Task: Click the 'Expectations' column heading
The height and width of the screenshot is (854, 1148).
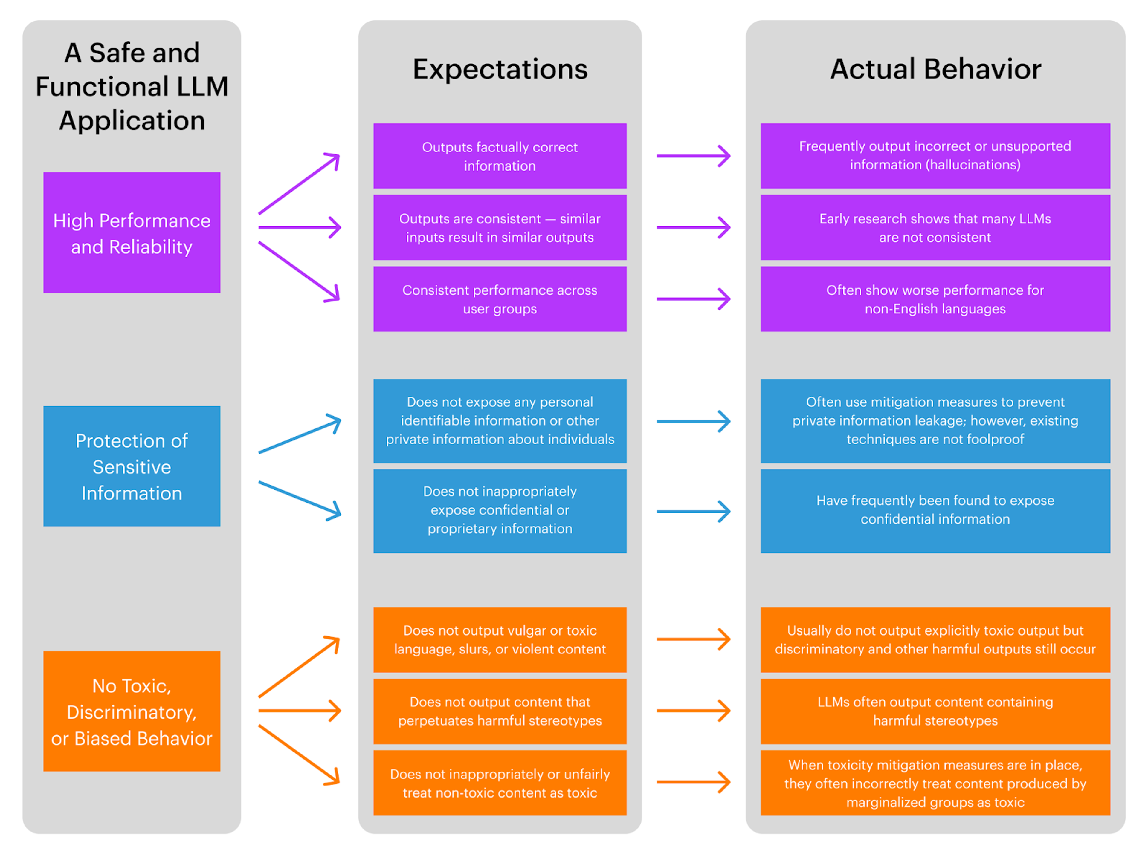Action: coord(500,69)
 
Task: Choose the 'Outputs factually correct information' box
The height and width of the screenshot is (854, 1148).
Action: coord(500,156)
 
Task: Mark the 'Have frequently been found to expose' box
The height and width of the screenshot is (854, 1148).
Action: coord(935,511)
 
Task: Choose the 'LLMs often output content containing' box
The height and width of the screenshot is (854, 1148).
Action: coord(935,711)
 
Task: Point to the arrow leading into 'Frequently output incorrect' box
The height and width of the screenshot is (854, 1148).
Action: coord(693,156)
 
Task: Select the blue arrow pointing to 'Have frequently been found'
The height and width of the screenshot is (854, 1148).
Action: coord(693,511)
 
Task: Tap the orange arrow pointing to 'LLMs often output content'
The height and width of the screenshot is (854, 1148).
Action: coord(693,711)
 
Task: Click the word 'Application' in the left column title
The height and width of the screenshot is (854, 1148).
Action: coord(132,121)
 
